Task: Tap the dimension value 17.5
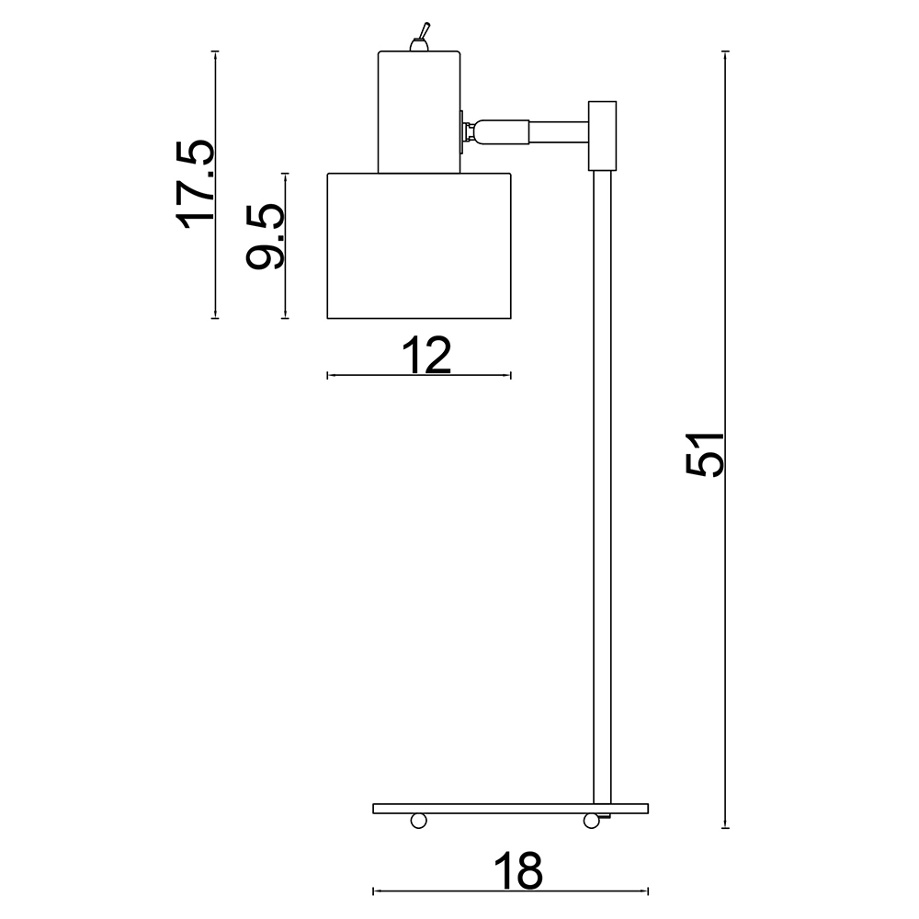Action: (196, 184)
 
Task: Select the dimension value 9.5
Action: (265, 236)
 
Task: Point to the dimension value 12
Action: (426, 355)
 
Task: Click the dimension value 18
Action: (518, 870)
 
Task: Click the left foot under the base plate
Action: (418, 821)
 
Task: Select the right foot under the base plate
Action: (591, 821)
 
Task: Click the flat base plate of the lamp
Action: (510, 809)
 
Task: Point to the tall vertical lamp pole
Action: (603, 487)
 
